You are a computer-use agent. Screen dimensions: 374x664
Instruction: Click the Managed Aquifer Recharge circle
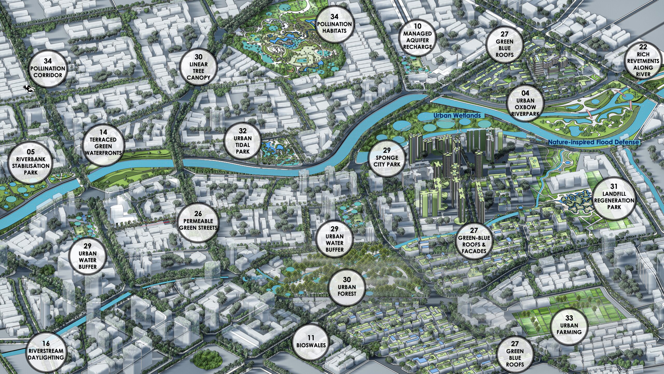pos(417,38)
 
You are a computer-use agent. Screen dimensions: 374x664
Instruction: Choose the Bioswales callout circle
pos(311,342)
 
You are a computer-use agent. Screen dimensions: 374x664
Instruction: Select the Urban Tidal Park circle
pos(243,142)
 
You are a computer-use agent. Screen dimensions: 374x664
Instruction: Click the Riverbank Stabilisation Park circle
pos(31,163)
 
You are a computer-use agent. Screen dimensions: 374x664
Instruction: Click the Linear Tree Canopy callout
pos(198,67)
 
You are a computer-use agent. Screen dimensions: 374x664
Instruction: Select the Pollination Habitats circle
pos(334,24)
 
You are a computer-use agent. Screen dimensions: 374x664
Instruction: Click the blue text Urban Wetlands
pos(457,115)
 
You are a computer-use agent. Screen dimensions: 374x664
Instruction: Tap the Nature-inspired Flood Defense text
pos(593,142)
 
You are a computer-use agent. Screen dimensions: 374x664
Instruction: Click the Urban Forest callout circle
pos(347,287)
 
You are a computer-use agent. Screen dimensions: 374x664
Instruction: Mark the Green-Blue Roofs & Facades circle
pos(474,241)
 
